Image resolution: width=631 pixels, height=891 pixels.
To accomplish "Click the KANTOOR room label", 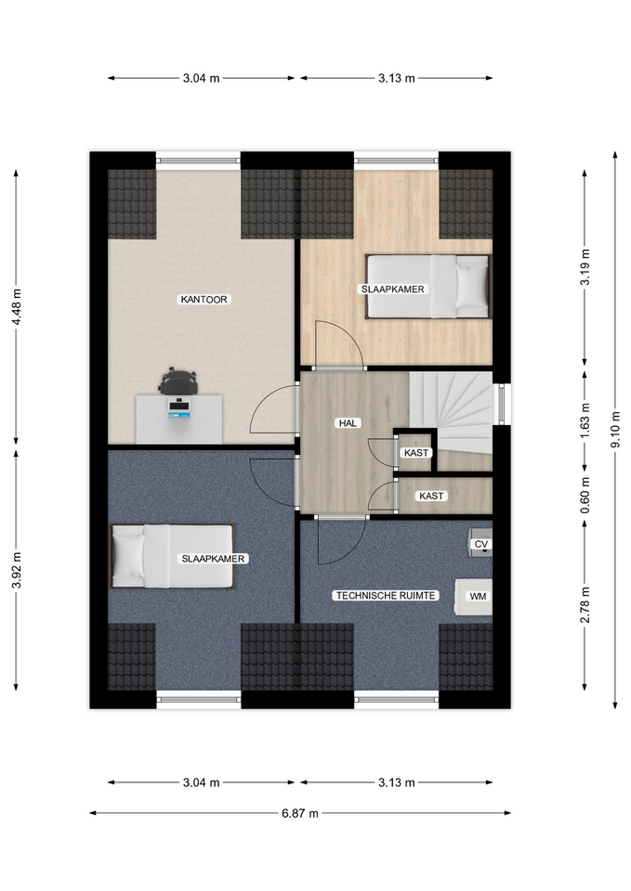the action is tap(204, 299).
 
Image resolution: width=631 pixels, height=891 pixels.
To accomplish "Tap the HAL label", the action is tap(348, 423).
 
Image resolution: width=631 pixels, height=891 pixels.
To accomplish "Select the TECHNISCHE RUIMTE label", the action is tap(386, 596).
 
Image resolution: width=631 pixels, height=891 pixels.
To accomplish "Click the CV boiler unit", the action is tap(480, 544).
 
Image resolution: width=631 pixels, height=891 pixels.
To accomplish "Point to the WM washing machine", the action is tap(473, 596).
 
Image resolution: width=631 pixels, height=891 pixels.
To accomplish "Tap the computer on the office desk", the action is tap(179, 408).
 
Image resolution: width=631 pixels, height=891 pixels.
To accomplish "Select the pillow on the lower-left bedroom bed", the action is tap(128, 556).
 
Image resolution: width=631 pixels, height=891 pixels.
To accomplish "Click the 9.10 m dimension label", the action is tap(615, 430).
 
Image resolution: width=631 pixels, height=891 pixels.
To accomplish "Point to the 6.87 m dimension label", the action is tap(300, 813).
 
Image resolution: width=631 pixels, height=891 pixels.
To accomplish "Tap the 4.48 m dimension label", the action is tap(16, 307).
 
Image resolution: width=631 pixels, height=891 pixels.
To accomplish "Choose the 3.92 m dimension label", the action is tap(16, 570).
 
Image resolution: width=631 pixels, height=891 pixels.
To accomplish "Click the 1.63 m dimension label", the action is tap(585, 420).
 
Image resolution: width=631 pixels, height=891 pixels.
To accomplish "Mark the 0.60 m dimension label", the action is tap(585, 495).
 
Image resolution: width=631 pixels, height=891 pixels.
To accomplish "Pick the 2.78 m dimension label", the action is tap(585, 604).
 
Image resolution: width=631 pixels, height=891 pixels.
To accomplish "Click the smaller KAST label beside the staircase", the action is tap(416, 453).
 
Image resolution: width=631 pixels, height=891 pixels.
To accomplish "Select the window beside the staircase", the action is tap(503, 404).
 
